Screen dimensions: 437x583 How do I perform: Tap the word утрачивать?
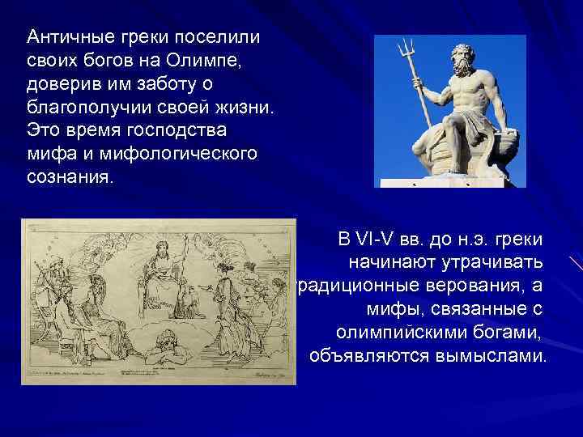pos(497,263)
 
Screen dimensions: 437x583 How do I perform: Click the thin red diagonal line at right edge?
pos(576,263)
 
